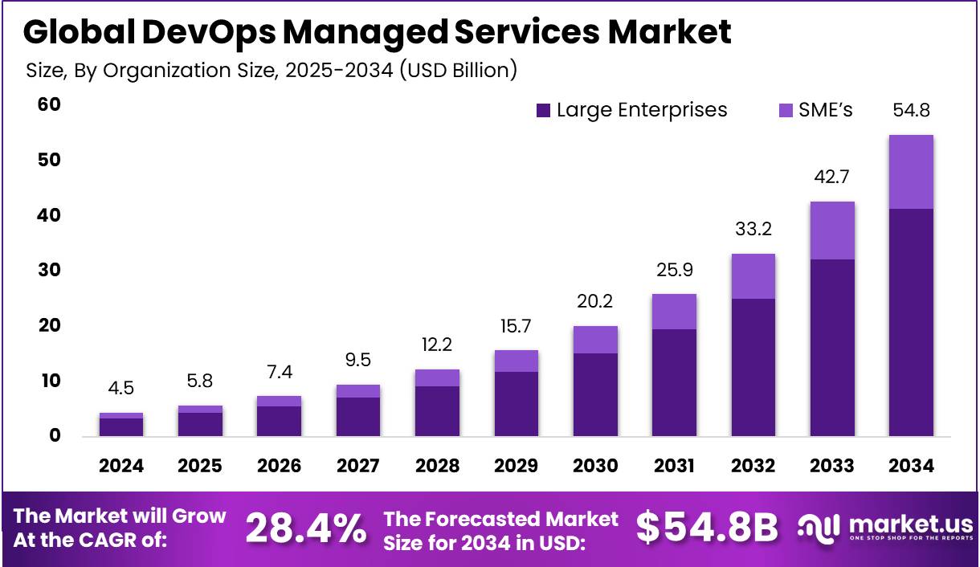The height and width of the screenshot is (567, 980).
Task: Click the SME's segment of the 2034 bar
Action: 911,172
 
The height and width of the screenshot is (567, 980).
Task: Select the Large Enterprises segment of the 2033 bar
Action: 832,347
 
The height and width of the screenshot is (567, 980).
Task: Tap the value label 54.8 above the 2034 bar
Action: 911,110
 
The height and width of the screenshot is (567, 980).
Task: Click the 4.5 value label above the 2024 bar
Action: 121,389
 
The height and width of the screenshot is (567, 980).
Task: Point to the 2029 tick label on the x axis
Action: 516,466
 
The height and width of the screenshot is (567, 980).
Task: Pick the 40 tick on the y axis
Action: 49,215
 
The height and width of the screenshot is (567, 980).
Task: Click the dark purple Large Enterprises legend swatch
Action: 544,111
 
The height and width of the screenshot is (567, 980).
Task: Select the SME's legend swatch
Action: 785,111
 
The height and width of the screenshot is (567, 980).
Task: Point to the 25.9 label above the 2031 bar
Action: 674,271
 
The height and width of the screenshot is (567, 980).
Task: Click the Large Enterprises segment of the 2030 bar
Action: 595,394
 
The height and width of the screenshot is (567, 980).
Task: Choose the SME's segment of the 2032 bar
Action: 753,276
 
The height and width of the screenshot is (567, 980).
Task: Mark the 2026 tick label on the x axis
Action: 279,466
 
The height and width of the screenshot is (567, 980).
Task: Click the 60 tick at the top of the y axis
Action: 49,104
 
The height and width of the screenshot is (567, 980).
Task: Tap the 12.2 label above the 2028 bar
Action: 437,346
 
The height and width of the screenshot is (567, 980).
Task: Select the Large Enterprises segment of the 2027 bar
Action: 357,416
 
